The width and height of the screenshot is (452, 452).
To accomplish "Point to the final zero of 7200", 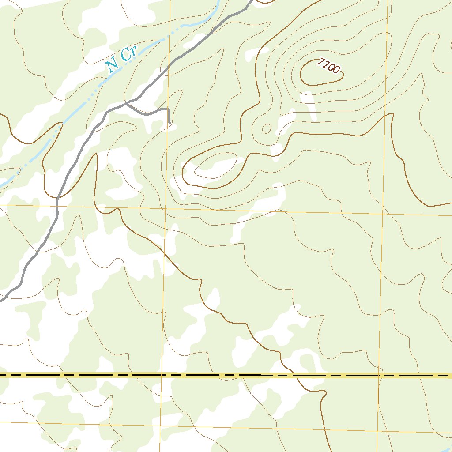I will pyautogui.click(x=337, y=70).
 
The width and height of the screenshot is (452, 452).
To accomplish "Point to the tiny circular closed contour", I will pyautogui.click(x=267, y=128).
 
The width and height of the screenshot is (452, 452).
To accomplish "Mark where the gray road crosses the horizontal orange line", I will pyautogui.click(x=57, y=205).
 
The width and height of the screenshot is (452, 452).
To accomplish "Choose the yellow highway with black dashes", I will pyautogui.click(x=132, y=375).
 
